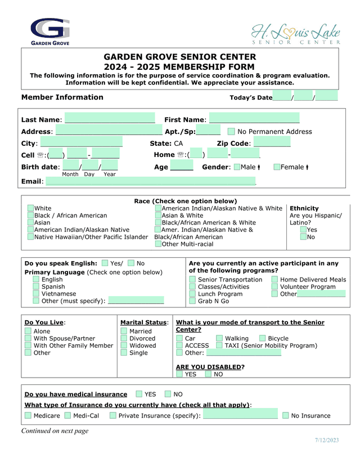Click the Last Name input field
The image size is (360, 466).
pos(110,119)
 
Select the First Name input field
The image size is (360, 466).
pos(254,119)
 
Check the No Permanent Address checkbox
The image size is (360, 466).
pos(231,132)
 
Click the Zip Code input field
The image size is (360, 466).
pos(272,143)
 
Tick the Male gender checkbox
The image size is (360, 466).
pos(237,167)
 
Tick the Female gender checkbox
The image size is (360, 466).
pos(277,167)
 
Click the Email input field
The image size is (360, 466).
pos(151,181)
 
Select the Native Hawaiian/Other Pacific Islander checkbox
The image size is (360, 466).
pos(30,237)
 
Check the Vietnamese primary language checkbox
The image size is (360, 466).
pos(36,294)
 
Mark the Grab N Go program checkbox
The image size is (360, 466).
pos(192,301)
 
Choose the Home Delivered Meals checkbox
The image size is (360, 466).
pos(274,280)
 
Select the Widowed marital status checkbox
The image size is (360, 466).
pos(124,346)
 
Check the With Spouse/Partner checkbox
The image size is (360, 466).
pos(28,339)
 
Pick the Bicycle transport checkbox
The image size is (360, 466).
pos(263,339)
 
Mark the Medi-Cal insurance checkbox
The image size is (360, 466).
pos(67,416)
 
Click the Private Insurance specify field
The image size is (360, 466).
pos(240,415)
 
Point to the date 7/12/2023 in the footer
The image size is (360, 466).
pos(327,440)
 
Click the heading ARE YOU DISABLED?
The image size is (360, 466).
pos(210,367)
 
